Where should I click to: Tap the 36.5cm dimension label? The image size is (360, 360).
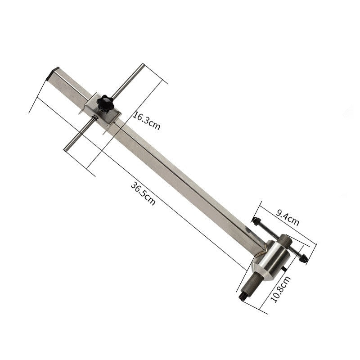(143, 193)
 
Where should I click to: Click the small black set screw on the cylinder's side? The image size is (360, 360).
(286, 269)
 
